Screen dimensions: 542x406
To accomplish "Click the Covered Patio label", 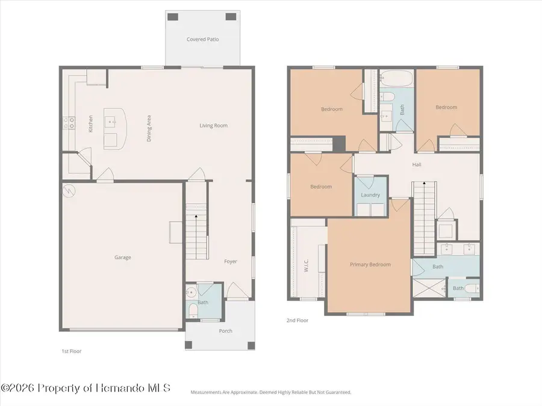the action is click(x=202, y=39).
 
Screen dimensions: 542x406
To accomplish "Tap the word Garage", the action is click(x=123, y=257).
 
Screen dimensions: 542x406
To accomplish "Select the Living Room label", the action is click(x=214, y=126).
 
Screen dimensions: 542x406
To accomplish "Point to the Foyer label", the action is click(x=231, y=262).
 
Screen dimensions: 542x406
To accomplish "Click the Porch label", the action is click(x=225, y=331).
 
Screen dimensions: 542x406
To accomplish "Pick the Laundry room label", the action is click(x=370, y=195).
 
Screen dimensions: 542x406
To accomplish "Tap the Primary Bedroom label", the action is click(x=370, y=265).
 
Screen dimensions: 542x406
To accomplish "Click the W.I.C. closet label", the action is click(x=307, y=265).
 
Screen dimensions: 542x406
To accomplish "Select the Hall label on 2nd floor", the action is click(x=417, y=165).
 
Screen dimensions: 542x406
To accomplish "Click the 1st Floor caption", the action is click(x=72, y=351).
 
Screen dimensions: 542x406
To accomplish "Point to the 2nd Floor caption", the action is click(x=297, y=321).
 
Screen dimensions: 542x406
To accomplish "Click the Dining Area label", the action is click(x=149, y=129).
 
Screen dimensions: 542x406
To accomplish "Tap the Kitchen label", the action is click(x=90, y=123).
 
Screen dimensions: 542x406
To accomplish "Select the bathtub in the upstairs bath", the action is click(x=396, y=79).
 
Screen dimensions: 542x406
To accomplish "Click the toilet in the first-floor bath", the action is click(x=193, y=310).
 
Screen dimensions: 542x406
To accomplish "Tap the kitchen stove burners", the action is click(x=69, y=123).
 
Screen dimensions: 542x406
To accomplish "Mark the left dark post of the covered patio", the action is click(x=173, y=17).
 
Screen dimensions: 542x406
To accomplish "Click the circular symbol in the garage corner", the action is click(x=69, y=191).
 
